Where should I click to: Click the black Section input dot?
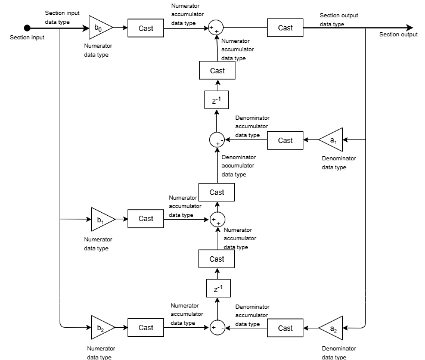tap(27, 27)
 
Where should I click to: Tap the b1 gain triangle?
tap(99, 219)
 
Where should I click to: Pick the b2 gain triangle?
tap(99, 328)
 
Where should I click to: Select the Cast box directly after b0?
tap(145, 27)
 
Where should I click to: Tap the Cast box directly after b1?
tap(145, 219)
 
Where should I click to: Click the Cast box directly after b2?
tap(145, 328)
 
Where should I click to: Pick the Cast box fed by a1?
tap(285, 140)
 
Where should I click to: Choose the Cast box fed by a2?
tap(285, 328)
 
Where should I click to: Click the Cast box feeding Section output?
tap(285, 27)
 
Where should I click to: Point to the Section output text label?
tap(398, 35)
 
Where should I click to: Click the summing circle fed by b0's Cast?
tap(216, 28)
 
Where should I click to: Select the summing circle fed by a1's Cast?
tap(216, 140)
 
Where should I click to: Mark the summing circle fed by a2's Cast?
tap(216, 328)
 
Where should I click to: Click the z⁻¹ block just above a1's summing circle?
tap(216, 100)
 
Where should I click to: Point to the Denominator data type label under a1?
tap(339, 163)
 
